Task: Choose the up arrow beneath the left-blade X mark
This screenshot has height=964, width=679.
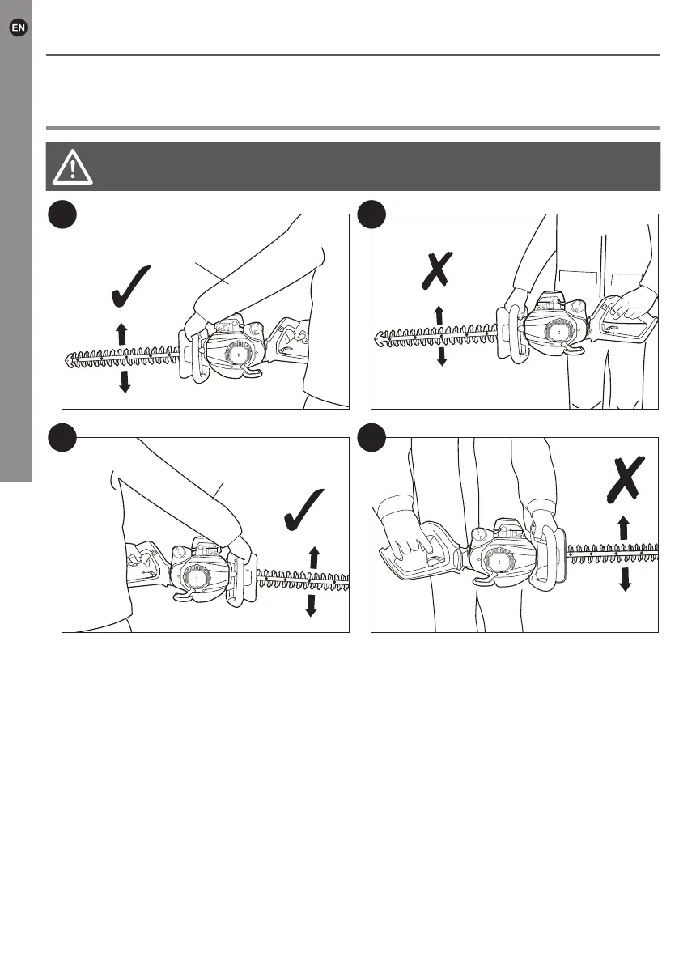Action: point(438,314)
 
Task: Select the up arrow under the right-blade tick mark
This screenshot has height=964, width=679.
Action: point(314,558)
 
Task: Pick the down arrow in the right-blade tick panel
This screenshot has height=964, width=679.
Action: point(310,604)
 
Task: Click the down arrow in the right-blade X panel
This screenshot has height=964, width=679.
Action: point(625,578)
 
